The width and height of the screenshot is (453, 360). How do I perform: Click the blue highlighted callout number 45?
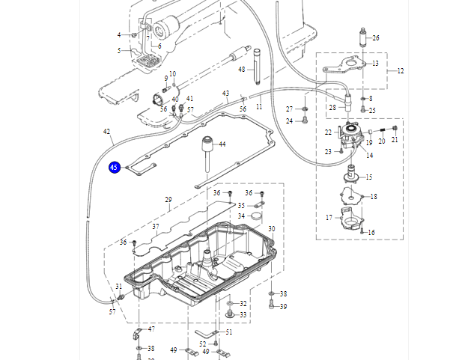115,168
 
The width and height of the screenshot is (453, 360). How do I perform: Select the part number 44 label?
222,144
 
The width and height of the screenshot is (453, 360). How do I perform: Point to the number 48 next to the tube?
242,70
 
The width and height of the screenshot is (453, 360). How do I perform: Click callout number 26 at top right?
376,37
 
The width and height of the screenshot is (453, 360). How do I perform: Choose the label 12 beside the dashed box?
401,71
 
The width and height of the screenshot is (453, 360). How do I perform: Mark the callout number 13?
374,64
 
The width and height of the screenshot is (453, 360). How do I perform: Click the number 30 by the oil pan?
271,228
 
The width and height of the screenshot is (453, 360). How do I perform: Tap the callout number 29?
168,200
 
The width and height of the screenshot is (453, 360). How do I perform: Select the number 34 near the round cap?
241,216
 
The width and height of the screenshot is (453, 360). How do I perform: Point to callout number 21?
395,139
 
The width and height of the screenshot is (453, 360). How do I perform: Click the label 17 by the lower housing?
329,218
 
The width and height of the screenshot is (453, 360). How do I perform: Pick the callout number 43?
225,94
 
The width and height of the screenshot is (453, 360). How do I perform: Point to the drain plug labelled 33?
228,315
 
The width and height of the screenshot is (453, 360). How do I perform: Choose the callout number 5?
119,51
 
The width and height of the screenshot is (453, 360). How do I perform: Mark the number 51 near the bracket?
228,332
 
